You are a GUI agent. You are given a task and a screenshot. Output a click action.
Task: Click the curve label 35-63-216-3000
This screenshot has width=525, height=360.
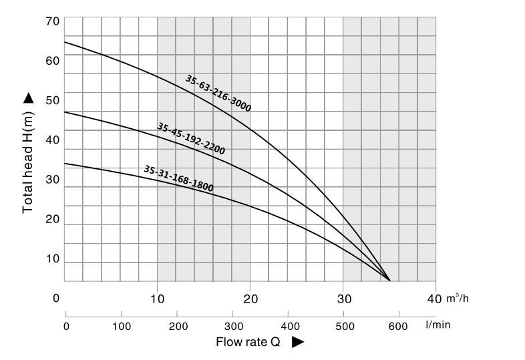click(218, 92)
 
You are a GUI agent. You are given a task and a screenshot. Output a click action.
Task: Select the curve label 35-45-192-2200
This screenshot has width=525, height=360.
click(191, 138)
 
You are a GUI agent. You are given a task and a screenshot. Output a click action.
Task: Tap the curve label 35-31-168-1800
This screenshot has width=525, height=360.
click(178, 178)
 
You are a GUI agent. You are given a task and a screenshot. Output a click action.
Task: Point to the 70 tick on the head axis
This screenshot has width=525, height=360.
click(53, 21)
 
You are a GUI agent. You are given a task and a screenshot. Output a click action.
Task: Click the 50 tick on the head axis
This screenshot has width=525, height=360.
click(53, 101)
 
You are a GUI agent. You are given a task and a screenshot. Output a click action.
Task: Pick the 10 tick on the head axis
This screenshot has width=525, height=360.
click(53, 259)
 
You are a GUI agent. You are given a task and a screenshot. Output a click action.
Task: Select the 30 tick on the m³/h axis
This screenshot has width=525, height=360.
click(343, 298)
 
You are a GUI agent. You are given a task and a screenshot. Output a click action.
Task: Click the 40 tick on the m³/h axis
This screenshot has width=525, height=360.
click(434, 298)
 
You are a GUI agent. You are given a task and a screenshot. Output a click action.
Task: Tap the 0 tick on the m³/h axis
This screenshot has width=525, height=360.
click(57, 298)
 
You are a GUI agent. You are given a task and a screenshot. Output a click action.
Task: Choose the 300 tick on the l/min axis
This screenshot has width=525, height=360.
click(232, 326)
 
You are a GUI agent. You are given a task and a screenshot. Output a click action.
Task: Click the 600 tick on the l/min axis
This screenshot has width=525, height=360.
click(399, 326)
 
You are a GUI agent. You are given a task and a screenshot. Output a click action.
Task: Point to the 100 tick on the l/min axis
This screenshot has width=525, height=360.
click(121, 326)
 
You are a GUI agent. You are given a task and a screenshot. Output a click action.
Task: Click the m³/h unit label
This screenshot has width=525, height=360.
click(458, 298)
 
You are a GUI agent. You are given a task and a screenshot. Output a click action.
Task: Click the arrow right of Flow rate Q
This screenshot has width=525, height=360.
click(298, 342)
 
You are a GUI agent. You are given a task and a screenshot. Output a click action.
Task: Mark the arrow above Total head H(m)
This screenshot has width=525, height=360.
click(28, 98)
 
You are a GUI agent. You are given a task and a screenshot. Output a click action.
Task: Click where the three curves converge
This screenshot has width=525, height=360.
click(389, 281)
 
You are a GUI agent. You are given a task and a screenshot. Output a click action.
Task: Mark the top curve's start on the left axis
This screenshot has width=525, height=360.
click(65, 42)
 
